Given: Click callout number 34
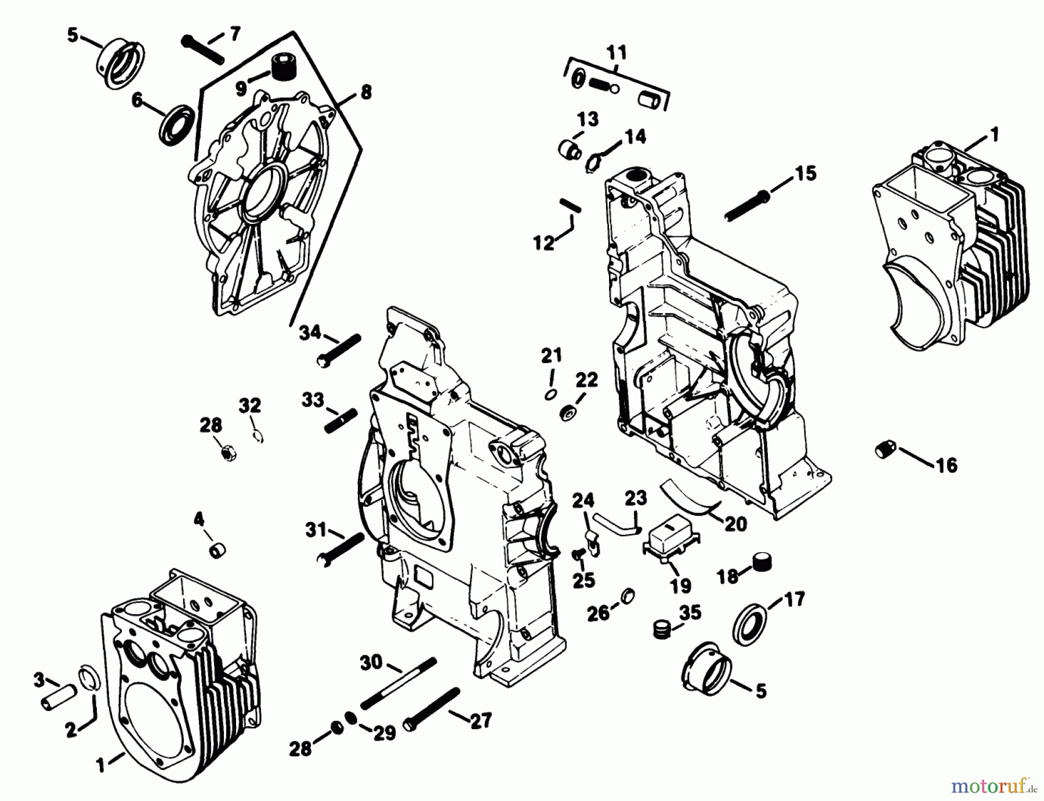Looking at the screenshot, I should pyautogui.click(x=310, y=332).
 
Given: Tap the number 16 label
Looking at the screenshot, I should pyautogui.click(x=947, y=465).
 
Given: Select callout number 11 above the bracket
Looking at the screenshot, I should pyautogui.click(x=617, y=53).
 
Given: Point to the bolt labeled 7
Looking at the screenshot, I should pyautogui.click(x=202, y=50).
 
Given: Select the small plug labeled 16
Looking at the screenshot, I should pyautogui.click(x=886, y=450).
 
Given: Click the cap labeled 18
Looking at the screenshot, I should pyautogui.click(x=763, y=561).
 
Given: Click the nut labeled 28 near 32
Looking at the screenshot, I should pyautogui.click(x=228, y=453).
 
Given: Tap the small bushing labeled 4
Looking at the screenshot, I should pyautogui.click(x=217, y=550).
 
